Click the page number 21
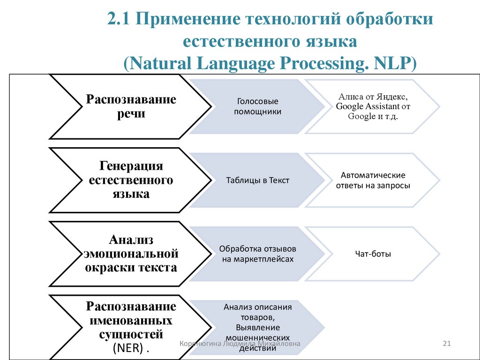(x=446, y=345)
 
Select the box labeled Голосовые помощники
(x=257, y=107)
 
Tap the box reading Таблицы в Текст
(x=257, y=180)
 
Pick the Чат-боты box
(x=373, y=254)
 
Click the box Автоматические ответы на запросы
(x=373, y=180)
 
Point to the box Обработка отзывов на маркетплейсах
(x=257, y=254)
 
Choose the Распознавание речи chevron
(x=131, y=107)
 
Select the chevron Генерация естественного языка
(x=131, y=180)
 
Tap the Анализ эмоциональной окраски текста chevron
(x=131, y=254)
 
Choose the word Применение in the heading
(x=187, y=20)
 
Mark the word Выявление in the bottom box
(x=258, y=328)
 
